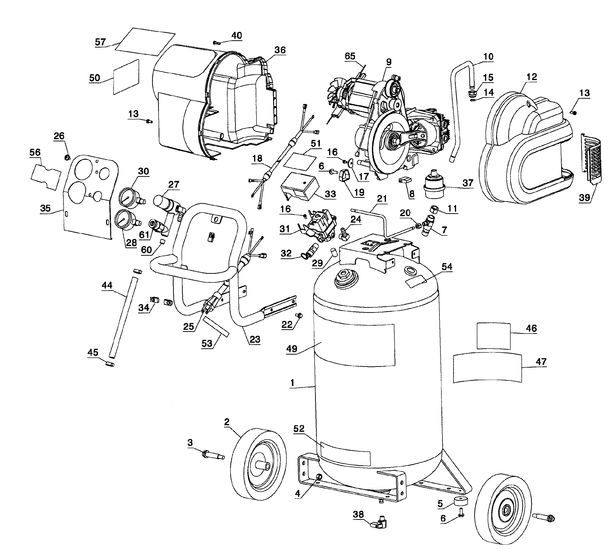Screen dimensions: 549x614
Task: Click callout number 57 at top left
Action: click(x=100, y=42)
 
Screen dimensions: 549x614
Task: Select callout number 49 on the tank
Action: click(x=292, y=349)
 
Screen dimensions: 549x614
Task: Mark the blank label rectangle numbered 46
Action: click(x=493, y=336)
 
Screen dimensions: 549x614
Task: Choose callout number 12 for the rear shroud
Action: click(x=532, y=77)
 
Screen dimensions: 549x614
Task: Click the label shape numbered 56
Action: click(x=46, y=177)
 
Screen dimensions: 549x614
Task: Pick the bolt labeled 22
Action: click(x=299, y=316)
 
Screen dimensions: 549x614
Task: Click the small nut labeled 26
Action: click(x=67, y=157)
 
